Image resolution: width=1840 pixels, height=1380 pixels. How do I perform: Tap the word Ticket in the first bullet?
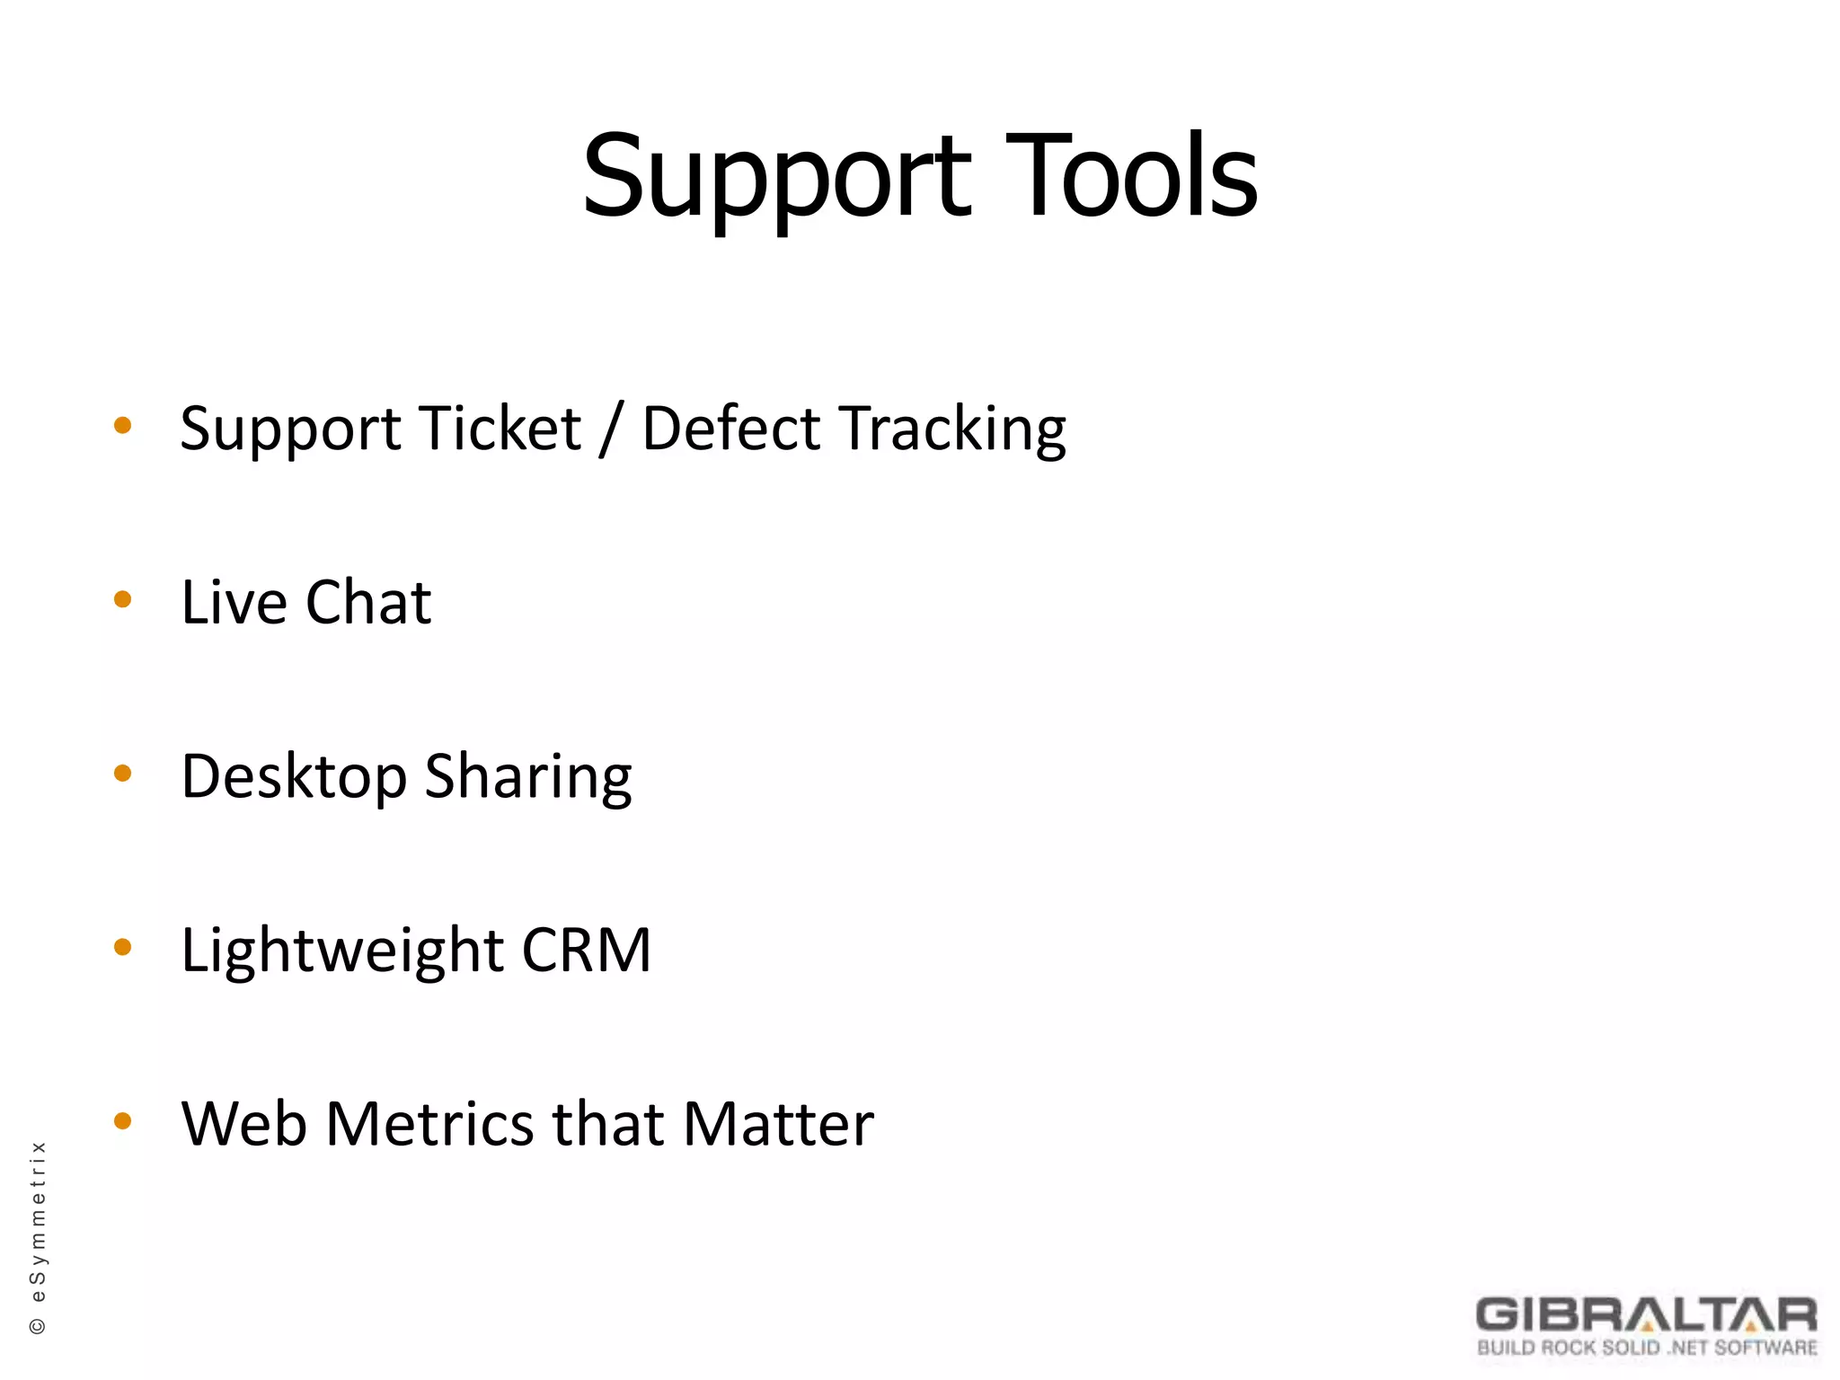pyautogui.click(x=500, y=429)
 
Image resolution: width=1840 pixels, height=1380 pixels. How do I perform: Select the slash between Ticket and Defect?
pyautogui.click(x=612, y=429)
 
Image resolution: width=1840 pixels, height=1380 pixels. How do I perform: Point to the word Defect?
pyautogui.click(x=731, y=429)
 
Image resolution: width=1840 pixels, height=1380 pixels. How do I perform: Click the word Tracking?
pyautogui.click(x=952, y=430)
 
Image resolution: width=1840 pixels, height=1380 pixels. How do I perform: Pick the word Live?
pyautogui.click(x=234, y=602)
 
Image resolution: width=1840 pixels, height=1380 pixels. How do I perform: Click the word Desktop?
pyautogui.click(x=294, y=777)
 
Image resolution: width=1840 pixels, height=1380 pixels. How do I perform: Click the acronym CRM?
pyautogui.click(x=586, y=951)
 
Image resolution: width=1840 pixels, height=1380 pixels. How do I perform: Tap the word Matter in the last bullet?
pyautogui.click(x=777, y=1124)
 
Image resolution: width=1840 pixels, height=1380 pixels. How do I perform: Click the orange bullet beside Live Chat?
pyautogui.click(x=123, y=599)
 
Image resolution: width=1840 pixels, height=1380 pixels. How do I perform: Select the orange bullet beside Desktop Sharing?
pyautogui.click(x=123, y=774)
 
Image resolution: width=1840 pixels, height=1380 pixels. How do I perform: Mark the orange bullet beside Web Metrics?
pyautogui.click(x=123, y=1120)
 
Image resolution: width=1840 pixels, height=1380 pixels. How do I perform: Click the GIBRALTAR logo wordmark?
pyautogui.click(x=1646, y=1315)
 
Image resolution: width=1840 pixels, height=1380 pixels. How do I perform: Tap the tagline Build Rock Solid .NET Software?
pyautogui.click(x=1647, y=1348)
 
